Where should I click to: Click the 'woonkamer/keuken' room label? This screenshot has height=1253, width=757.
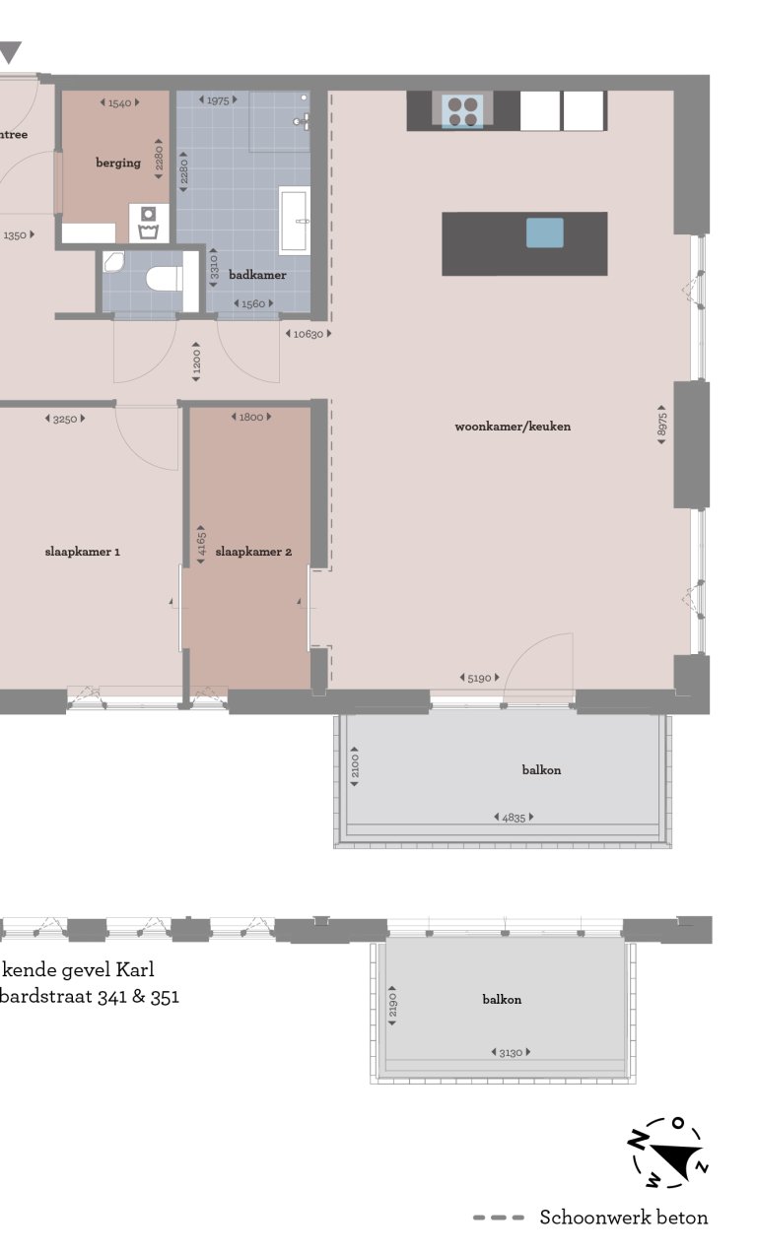point(513,427)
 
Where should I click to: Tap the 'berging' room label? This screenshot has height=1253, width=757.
point(117,163)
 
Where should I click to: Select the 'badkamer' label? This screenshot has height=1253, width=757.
point(257,275)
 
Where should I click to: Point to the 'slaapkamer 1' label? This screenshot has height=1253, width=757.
point(83,552)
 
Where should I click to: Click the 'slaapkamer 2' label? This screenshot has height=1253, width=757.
point(253,552)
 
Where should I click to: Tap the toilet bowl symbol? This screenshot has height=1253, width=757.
point(163,279)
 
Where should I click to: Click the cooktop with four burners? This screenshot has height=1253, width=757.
point(461,110)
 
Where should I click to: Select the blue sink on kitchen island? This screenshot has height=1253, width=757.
point(544,232)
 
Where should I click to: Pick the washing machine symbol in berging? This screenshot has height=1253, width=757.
point(149,224)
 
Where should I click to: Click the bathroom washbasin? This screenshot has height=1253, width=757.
point(295,220)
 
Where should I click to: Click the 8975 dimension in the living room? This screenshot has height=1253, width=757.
point(662,424)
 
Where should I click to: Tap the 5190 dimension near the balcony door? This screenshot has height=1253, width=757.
point(480,678)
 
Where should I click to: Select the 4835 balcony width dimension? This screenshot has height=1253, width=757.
point(513,817)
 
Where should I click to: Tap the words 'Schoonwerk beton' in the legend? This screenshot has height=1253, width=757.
point(623,1218)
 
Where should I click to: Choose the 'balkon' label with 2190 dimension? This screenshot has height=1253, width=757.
point(502,999)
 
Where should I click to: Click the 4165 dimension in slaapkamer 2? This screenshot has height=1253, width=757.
point(201,545)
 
